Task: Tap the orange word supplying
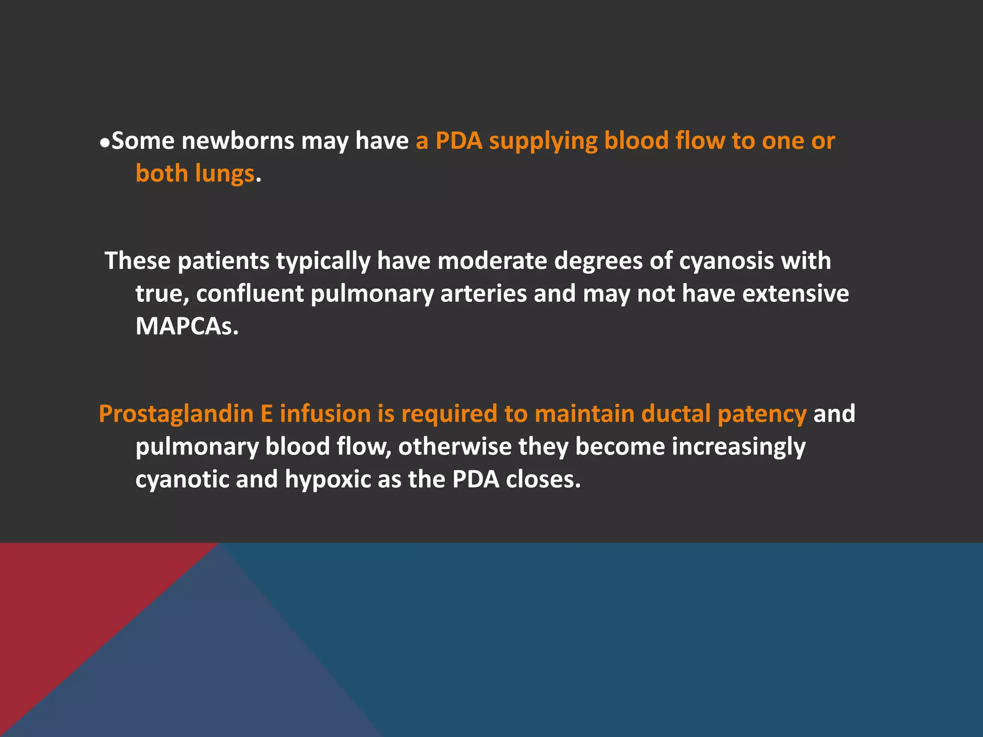click(x=543, y=141)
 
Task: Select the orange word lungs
click(x=225, y=174)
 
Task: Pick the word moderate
click(x=492, y=261)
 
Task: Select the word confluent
click(x=250, y=294)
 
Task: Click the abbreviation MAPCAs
click(x=187, y=326)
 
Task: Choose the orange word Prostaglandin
click(x=176, y=414)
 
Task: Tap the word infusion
click(x=325, y=414)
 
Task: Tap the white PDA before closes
click(x=476, y=479)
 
